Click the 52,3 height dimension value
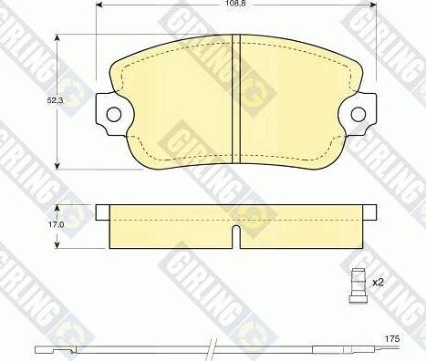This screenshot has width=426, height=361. (x=56, y=100)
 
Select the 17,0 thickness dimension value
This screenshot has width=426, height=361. (x=56, y=225)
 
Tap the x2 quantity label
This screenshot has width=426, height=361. (x=378, y=283)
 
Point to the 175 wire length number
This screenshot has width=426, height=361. (x=392, y=339)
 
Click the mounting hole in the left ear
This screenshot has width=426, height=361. (x=114, y=114)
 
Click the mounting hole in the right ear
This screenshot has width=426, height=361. (x=358, y=114)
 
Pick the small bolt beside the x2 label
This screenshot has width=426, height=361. (x=358, y=285)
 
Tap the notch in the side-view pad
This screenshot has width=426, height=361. (x=235, y=236)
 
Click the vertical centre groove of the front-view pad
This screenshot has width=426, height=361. (x=236, y=99)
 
